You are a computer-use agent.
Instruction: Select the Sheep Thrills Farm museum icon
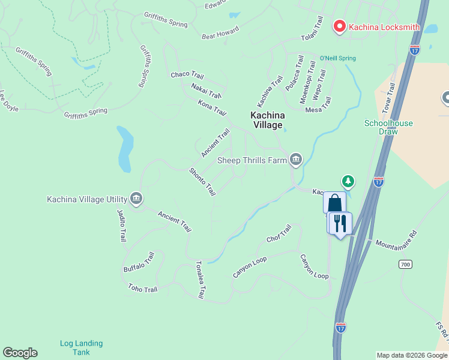(295, 159)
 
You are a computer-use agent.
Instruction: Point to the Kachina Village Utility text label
(86, 199)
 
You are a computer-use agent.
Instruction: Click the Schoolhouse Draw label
(388, 127)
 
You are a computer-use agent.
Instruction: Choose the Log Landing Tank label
(81, 347)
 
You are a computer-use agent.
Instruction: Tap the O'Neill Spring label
(337, 58)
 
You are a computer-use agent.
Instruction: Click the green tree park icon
(348, 181)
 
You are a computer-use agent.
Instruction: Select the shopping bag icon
(334, 202)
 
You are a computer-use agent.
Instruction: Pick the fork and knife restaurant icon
(340, 223)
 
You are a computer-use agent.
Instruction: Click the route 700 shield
(406, 264)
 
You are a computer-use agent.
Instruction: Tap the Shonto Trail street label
(202, 181)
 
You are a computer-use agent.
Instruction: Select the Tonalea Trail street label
(200, 280)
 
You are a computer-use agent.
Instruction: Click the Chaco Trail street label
(187, 75)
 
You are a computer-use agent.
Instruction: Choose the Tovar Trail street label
(390, 98)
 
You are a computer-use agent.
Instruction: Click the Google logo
(20, 353)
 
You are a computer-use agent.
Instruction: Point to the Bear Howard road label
(220, 32)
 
